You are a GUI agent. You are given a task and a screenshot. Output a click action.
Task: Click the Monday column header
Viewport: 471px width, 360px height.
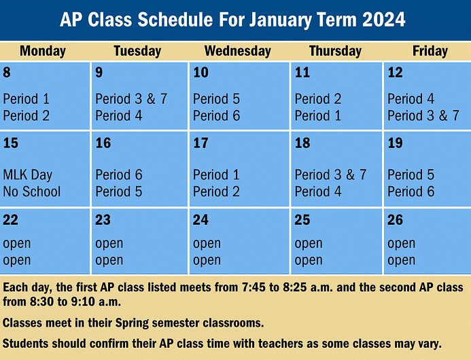pyautogui.click(x=43, y=51)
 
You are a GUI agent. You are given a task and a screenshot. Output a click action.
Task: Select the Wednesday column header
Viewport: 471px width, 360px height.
pyautogui.click(x=237, y=51)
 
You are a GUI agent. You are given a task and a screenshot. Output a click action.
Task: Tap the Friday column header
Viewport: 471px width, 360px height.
pyautogui.click(x=430, y=51)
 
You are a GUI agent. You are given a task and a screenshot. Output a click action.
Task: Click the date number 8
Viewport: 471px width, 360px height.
pyautogui.click(x=7, y=73)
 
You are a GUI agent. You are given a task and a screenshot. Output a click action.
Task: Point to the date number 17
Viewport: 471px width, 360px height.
pyautogui.click(x=200, y=143)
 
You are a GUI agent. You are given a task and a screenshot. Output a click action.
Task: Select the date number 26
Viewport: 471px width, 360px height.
pyautogui.click(x=395, y=219)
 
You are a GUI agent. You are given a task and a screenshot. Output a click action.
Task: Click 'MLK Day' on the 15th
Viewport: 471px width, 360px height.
pyautogui.click(x=28, y=175)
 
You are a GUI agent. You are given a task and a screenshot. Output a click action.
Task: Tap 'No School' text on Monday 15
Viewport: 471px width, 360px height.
pyautogui.click(x=31, y=192)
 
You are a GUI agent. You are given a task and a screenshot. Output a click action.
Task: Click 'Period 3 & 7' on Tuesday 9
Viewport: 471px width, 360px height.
pyautogui.click(x=130, y=99)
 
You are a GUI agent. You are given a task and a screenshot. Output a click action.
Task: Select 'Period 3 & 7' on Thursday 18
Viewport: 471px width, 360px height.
pyautogui.click(x=330, y=175)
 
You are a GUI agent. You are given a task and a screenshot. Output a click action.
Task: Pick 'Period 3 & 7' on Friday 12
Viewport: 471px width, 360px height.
pyautogui.click(x=423, y=115)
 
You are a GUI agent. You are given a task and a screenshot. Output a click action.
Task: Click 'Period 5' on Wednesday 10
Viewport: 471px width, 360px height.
pyautogui.click(x=216, y=99)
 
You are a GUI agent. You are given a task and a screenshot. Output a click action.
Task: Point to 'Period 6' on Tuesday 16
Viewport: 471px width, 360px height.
pyautogui.click(x=118, y=175)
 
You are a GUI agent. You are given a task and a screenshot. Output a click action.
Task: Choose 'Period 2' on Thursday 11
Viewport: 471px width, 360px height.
pyautogui.click(x=317, y=99)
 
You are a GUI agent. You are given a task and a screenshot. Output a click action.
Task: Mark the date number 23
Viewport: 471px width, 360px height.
pyautogui.click(x=103, y=219)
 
